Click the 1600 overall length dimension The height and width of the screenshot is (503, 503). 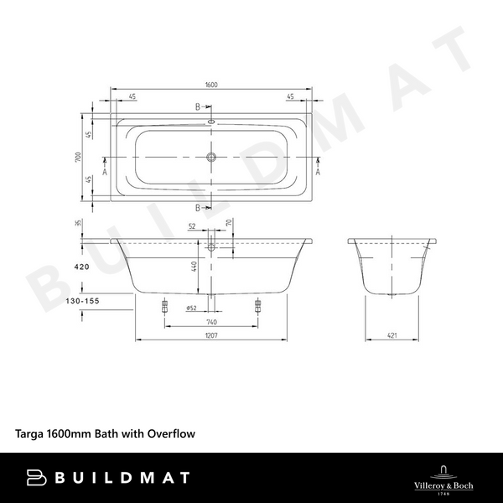point(211,86)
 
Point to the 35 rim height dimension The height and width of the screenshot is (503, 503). point(78,224)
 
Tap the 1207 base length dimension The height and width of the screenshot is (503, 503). point(211,336)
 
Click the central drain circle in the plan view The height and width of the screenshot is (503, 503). point(212,157)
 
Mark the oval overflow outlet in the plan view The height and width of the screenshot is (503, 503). point(210,122)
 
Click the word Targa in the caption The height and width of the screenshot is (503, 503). point(30,434)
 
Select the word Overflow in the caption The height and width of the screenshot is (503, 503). point(172,434)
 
